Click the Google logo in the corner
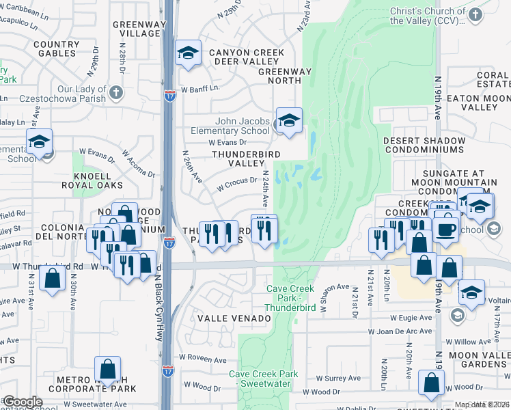coord(22,402)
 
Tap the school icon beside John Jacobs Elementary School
coord(289,121)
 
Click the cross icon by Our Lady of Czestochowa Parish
coord(116,92)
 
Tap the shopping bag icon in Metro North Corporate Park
coord(108,370)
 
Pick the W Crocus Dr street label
coord(236,183)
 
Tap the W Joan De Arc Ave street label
coord(400,331)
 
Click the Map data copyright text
coord(482,405)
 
